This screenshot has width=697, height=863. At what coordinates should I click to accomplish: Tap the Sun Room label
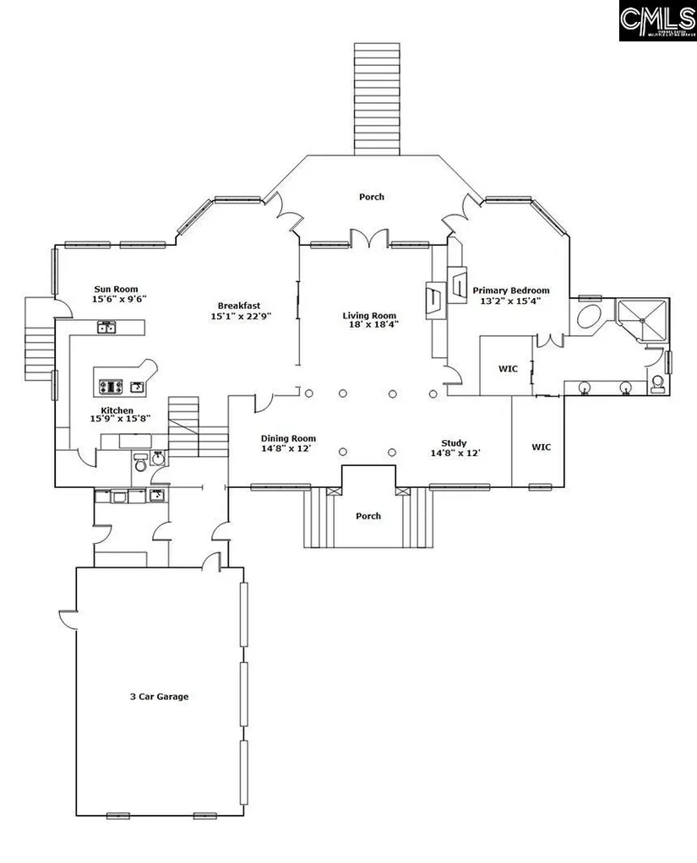tap(116, 289)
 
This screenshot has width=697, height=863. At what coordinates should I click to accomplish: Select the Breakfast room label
tap(238, 306)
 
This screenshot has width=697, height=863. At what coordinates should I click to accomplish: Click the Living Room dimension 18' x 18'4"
tap(369, 324)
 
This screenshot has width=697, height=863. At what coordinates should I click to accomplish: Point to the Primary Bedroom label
tap(511, 290)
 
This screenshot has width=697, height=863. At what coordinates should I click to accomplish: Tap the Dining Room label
tap(288, 438)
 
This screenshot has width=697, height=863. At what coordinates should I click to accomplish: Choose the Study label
tap(454, 442)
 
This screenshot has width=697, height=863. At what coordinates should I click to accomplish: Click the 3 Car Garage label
tap(159, 697)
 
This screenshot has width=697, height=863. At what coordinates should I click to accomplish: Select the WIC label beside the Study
tap(541, 447)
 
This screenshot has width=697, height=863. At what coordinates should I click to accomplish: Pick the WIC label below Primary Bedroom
tap(508, 368)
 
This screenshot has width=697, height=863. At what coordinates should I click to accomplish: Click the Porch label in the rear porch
tap(371, 197)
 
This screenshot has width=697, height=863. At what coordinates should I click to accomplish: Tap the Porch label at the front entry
tap(368, 516)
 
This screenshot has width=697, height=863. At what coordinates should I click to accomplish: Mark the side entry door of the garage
tap(68, 621)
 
